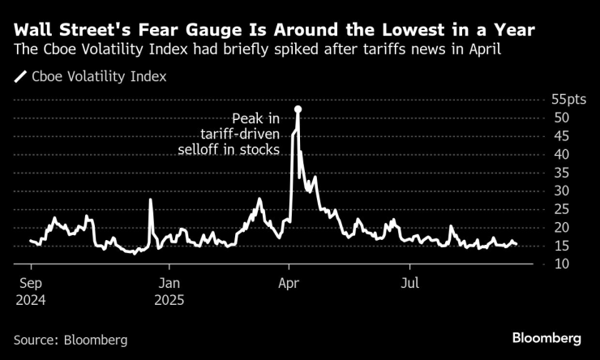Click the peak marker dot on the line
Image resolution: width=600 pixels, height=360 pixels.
(x=298, y=109)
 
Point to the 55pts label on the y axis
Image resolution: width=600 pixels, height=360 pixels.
(x=567, y=100)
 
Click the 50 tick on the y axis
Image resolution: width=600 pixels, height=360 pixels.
(x=560, y=118)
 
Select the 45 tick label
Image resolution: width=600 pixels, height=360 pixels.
(x=560, y=136)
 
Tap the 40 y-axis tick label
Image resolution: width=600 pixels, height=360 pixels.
(x=560, y=154)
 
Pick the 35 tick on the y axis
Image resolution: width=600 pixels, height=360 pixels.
(x=560, y=173)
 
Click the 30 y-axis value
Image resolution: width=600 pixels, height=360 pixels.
(x=560, y=191)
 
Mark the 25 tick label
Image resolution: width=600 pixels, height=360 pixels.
(x=560, y=209)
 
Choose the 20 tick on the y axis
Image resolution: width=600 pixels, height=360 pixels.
(x=560, y=227)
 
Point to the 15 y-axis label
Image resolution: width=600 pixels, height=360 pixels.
(x=560, y=246)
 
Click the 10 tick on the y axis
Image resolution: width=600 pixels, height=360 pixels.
(x=560, y=264)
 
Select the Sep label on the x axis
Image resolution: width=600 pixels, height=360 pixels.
(x=31, y=284)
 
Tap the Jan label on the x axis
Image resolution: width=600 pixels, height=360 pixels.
(x=169, y=284)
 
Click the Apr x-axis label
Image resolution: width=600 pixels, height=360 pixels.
(x=289, y=284)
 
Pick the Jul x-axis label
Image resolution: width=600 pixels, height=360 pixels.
(x=410, y=284)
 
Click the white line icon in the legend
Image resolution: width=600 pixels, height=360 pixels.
(x=20, y=78)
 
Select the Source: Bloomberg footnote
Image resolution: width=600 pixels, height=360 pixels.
(x=71, y=340)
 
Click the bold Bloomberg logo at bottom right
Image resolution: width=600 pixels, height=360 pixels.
(x=546, y=336)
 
